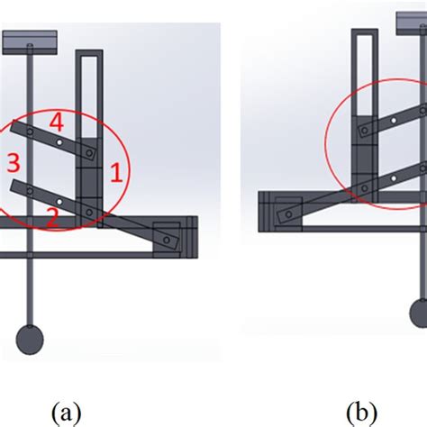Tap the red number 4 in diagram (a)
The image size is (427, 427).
(57, 119)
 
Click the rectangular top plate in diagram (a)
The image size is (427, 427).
(31, 41)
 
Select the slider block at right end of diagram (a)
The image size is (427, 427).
(171, 235)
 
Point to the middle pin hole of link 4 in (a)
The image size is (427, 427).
(59, 141)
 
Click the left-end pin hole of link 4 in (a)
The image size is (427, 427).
(31, 132)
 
